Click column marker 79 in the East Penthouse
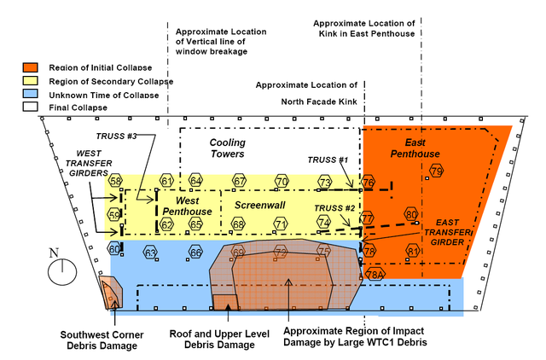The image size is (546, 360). (437, 171)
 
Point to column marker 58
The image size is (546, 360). (115, 181)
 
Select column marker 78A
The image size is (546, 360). (374, 275)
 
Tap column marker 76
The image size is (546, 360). (369, 183)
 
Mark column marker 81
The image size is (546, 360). (413, 251)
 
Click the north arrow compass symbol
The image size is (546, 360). (58, 270)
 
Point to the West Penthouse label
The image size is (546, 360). (182, 205)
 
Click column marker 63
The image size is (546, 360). (150, 253)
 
